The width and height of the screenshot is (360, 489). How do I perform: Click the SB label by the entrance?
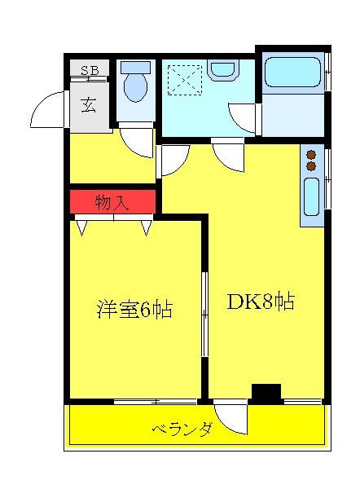pos(90,70)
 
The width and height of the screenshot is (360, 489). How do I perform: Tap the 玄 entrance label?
pos(89,105)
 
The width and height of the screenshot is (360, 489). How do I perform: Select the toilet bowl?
pos(135,82)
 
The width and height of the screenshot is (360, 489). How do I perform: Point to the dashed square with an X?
pos(185,80)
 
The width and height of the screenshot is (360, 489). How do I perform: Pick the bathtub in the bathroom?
pos(292,73)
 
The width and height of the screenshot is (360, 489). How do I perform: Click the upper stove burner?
pos(311,155)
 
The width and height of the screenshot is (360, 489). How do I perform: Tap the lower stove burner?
pos(311,166)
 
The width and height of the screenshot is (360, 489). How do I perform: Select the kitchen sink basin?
pos(311,196)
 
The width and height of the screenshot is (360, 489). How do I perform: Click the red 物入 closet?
pos(112,201)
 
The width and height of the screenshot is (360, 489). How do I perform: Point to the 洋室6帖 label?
pos(135,309)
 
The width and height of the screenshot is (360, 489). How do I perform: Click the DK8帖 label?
pos(261,302)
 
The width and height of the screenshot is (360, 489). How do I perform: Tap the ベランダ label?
pos(183,430)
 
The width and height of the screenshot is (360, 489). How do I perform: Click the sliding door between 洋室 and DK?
pos(204,314)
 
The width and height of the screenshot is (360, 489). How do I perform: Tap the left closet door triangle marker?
pos(81,227)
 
